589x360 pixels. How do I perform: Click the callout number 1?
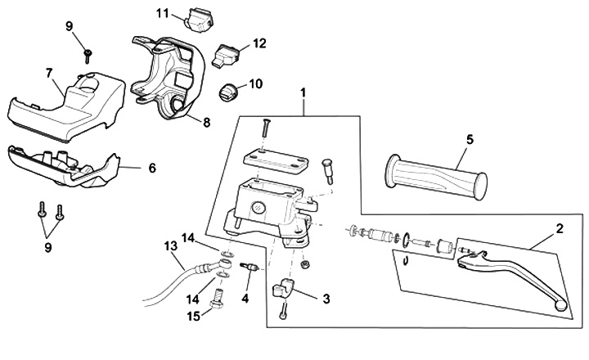(x=304, y=95)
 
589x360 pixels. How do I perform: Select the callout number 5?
(x=470, y=139)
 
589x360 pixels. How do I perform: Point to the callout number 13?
(x=170, y=245)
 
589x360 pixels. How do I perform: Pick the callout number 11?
(x=162, y=13)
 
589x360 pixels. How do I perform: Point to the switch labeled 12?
(x=228, y=56)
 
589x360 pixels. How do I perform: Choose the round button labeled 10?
(x=230, y=89)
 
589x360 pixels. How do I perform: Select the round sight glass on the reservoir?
(x=259, y=205)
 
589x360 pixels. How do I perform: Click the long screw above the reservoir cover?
(x=266, y=128)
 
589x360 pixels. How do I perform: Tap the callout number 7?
(x=50, y=72)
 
